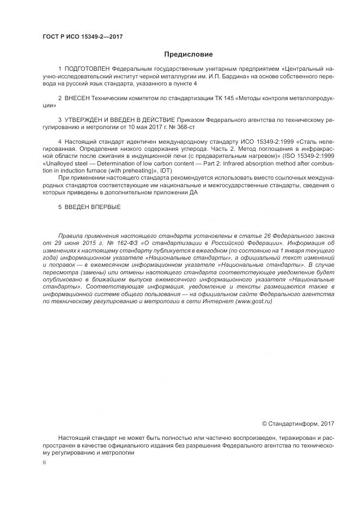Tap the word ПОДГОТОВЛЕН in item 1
click(87, 70)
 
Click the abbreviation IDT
click(164, 169)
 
